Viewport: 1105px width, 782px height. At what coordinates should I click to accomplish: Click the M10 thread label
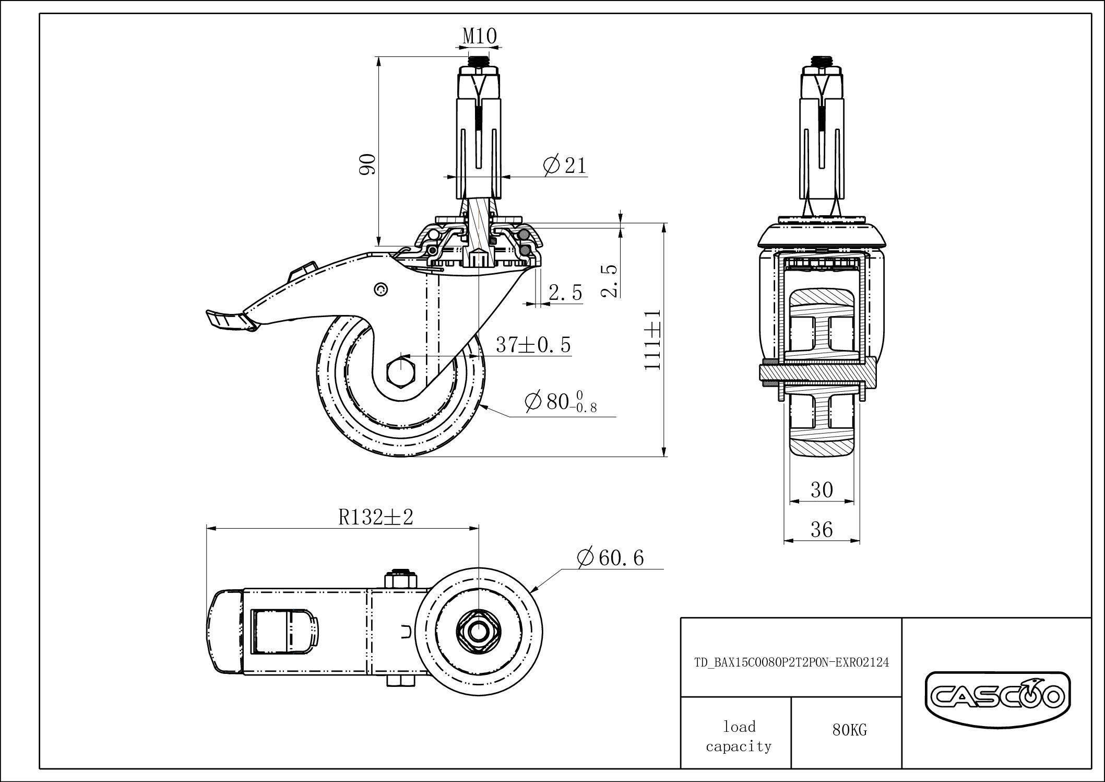point(479,37)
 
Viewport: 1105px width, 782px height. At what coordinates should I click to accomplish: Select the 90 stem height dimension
point(369,165)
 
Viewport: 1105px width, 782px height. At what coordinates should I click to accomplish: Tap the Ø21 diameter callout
point(565,166)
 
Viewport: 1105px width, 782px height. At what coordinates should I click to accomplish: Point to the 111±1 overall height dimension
point(652,340)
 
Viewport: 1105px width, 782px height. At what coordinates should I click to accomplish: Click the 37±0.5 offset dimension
point(533,345)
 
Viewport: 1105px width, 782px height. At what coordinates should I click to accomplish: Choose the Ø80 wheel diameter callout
point(561,402)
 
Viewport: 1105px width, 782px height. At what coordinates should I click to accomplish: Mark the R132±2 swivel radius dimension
point(376,517)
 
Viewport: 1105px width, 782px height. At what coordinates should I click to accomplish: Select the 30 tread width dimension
point(822,490)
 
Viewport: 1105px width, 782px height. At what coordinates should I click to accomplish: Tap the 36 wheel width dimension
point(822,530)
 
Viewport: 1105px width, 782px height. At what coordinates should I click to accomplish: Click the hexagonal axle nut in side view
point(400,371)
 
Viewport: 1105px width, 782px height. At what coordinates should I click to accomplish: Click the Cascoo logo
point(997,697)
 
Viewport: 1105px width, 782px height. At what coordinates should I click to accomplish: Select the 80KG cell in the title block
point(849,730)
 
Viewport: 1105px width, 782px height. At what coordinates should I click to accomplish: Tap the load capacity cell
point(739,736)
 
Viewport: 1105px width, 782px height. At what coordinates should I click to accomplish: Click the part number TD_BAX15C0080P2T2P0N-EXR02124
point(791,662)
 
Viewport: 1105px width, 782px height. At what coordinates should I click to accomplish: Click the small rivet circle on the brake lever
point(381,288)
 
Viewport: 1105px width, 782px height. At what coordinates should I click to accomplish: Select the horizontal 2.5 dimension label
point(565,293)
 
